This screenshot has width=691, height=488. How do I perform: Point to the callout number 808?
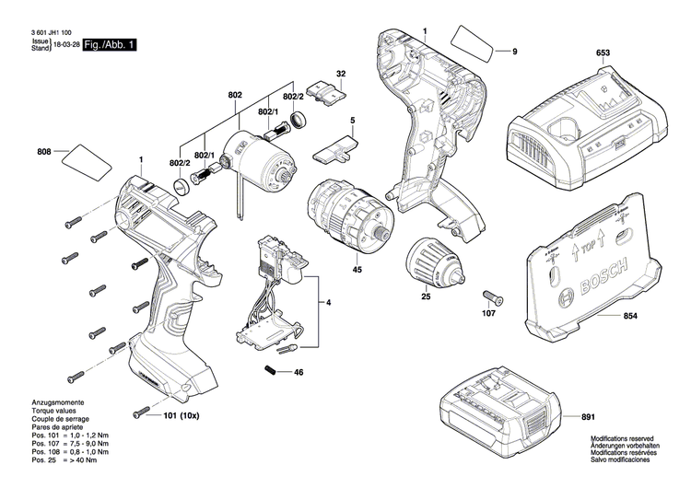point(43,151)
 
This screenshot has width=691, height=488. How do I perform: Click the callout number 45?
point(357,270)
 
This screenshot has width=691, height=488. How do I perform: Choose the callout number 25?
point(426,296)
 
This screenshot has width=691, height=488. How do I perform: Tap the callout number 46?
point(299,372)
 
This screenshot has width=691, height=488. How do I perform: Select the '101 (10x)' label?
point(182,415)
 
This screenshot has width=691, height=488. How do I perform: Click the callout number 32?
point(341,73)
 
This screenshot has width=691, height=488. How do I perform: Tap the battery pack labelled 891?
point(498,414)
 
